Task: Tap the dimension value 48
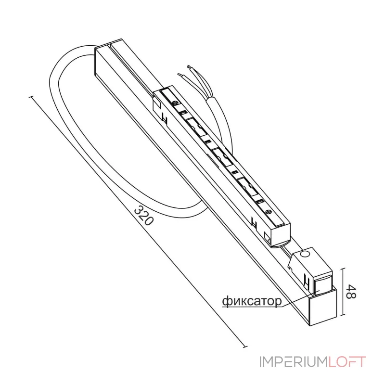point(351,292)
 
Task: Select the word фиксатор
point(252,301)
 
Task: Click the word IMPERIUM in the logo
point(294,362)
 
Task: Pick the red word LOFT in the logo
point(347,362)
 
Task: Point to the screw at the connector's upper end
point(175,103)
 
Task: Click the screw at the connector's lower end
point(269,211)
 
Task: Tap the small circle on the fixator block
point(305,255)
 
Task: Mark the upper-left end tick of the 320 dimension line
point(31,97)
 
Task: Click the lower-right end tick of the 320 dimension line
point(245,347)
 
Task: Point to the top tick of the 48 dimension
point(344,269)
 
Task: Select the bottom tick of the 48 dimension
point(344,315)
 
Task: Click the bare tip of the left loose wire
point(180,75)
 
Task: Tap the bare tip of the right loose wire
point(189,66)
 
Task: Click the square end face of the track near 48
point(323,308)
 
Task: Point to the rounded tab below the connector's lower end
point(280,244)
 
